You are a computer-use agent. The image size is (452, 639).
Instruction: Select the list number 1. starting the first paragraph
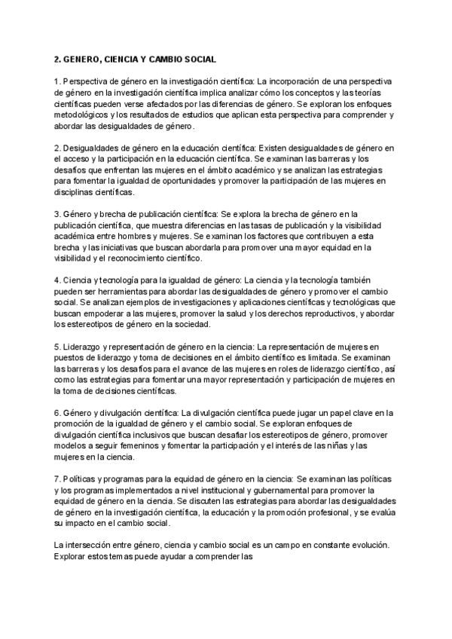(57, 80)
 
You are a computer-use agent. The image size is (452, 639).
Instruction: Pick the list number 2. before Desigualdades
(57, 147)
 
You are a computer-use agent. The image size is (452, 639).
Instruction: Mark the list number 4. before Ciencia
(57, 280)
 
